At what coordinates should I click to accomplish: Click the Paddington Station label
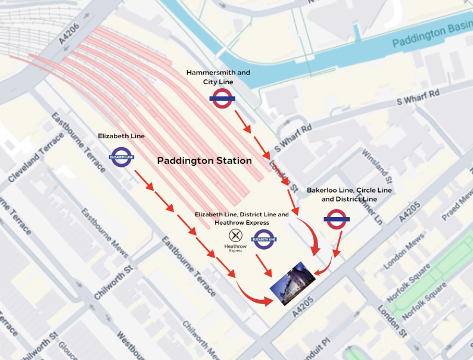click(204, 161)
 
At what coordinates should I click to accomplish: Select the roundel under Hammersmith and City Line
click(222, 98)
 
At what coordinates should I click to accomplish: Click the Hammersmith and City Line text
click(218, 77)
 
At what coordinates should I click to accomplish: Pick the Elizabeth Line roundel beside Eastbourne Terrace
click(122, 157)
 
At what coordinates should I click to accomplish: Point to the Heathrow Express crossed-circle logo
click(236, 236)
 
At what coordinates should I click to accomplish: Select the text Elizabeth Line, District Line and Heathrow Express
click(241, 218)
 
